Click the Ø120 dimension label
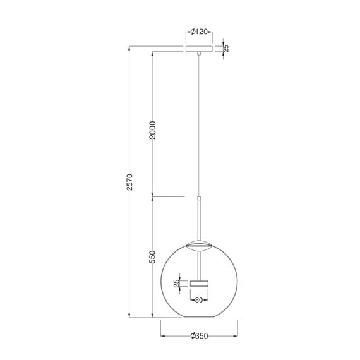[x=200, y=31]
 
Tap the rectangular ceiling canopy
[x=200, y=49]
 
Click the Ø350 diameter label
[x=200, y=337]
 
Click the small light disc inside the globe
[x=200, y=281]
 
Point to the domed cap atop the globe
[x=200, y=244]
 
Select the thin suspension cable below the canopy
[x=200, y=126]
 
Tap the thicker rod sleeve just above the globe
[x=200, y=218]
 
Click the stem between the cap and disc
[x=200, y=262]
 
